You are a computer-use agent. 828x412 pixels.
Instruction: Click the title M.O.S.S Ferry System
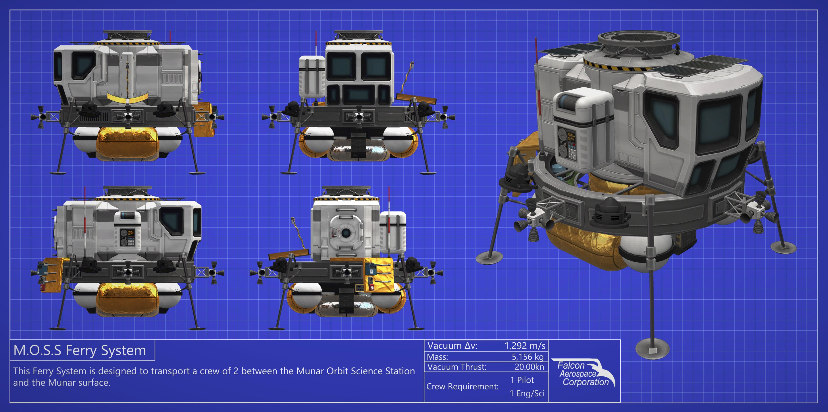tap(80, 350)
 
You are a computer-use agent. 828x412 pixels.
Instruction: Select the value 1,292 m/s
tap(525, 346)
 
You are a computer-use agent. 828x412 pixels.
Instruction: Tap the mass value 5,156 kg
tap(527, 357)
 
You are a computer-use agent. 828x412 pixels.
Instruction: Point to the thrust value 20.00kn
tap(529, 367)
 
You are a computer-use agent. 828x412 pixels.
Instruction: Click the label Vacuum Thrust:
tap(457, 367)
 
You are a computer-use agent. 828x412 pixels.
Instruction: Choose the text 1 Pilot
tap(522, 380)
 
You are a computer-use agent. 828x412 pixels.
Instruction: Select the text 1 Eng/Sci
tap(527, 393)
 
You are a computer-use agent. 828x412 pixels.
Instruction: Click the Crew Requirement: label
tap(462, 387)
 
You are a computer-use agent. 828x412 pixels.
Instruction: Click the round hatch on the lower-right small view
tap(346, 232)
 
